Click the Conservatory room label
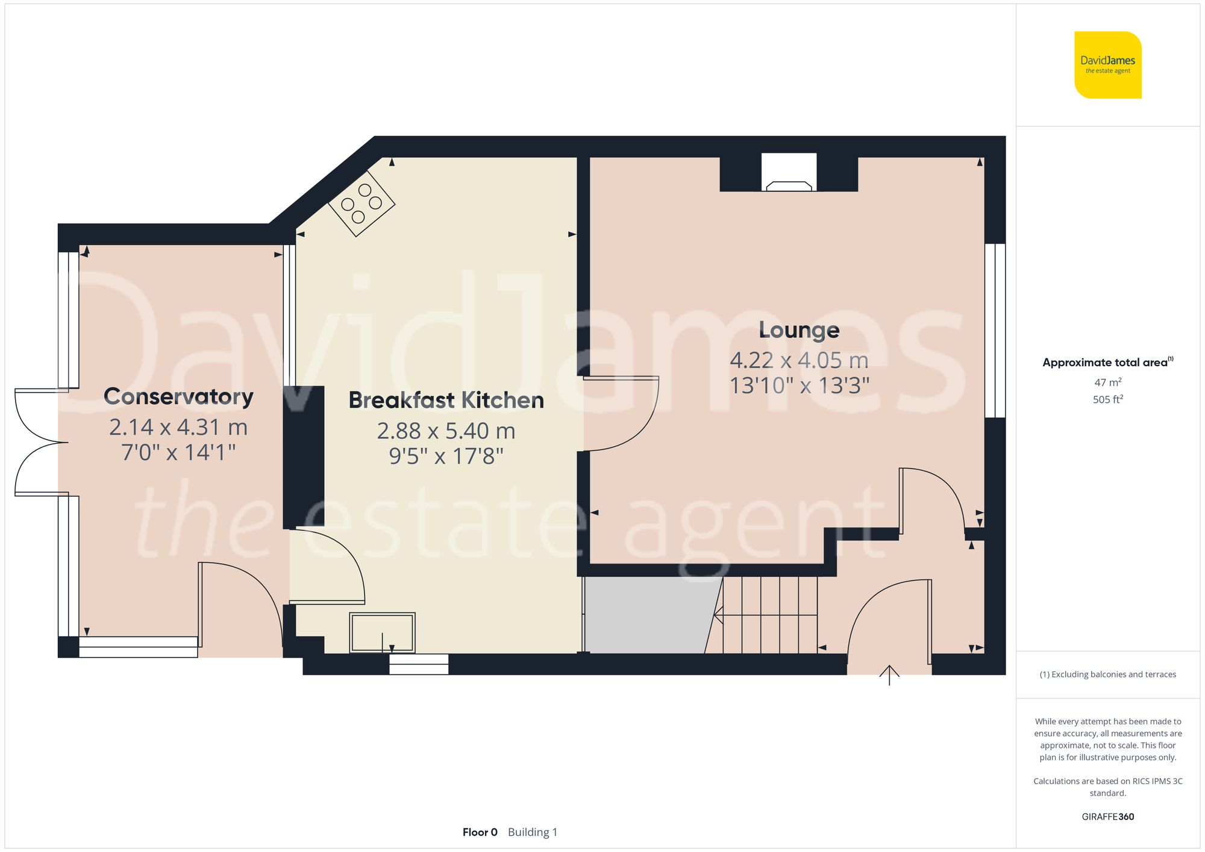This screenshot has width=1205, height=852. pos(178,397)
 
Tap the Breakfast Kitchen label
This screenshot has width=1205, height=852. pos(446,400)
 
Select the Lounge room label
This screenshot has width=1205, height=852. pos(799,330)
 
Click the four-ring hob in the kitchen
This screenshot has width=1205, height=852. pos(361,204)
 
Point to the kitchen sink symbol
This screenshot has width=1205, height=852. pos(382,632)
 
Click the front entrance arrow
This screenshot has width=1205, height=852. pos(889,675)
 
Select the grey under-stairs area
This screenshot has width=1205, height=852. pos(648,615)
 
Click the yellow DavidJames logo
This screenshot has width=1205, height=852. pos(1107,65)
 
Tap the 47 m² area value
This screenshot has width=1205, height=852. pos(1107,382)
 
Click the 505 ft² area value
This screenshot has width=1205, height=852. pos(1107,399)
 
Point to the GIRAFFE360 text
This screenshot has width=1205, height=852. pos(1107,816)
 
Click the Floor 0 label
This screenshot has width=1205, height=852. pos(480,832)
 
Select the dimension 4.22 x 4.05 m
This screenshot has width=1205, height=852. pos(799,361)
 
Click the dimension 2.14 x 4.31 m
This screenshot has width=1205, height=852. pos(178,428)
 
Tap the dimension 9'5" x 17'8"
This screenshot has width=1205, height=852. pos(446,456)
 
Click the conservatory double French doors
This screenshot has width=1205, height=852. pos(40,443)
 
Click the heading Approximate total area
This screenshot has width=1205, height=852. pos(1104,362)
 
